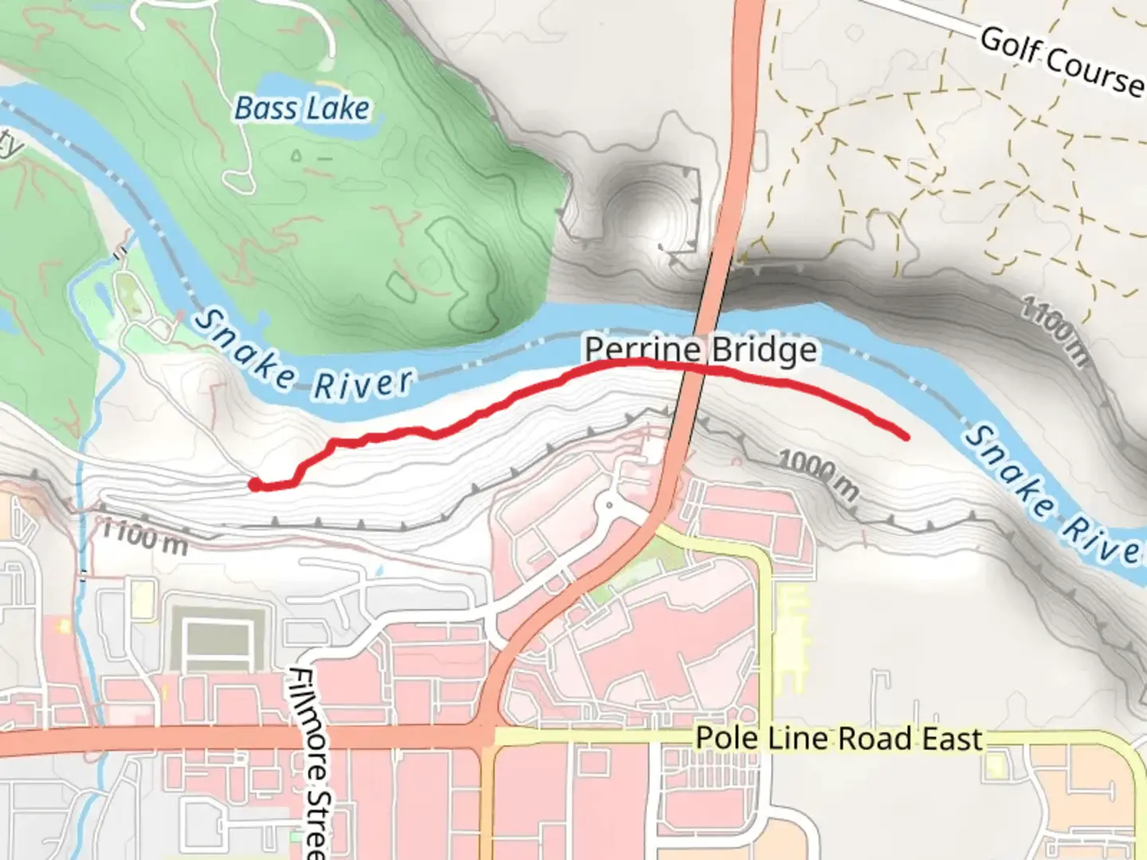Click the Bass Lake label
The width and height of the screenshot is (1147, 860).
tap(302, 108)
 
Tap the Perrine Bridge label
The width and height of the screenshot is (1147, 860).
tap(700, 350)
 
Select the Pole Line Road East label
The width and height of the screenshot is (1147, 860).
tap(838, 738)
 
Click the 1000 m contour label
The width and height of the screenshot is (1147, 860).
tap(818, 475)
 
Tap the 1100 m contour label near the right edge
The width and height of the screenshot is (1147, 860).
tap(1054, 330)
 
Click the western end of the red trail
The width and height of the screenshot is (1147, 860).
tap(254, 483)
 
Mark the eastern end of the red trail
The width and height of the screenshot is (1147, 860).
tap(906, 436)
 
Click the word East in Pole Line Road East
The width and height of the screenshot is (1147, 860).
tap(951, 738)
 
